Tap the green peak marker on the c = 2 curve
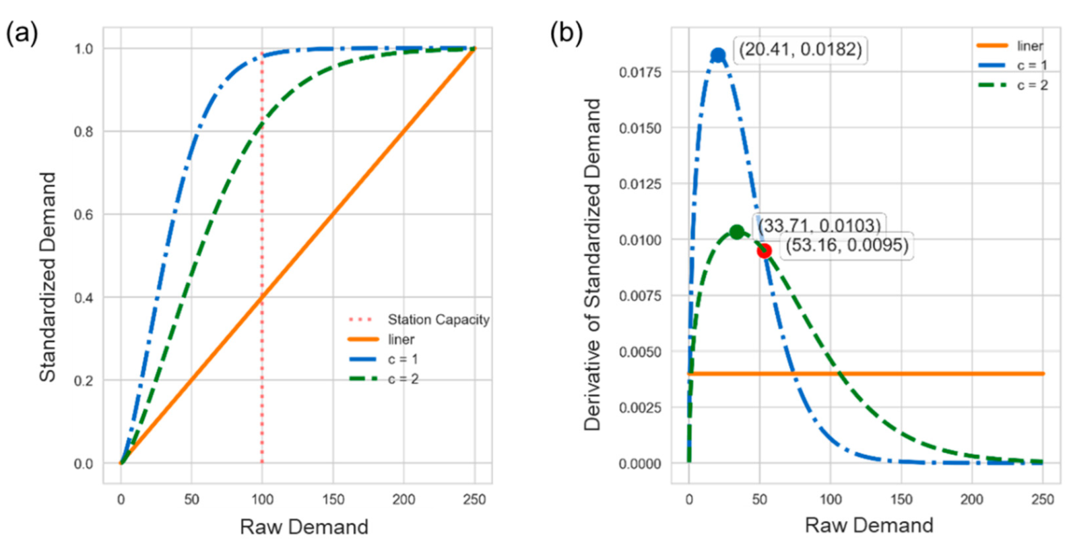coord(737,232)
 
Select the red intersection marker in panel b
coord(764,251)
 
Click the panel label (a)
coord(22,34)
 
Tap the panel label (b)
coord(566,34)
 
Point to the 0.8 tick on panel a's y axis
coord(84,132)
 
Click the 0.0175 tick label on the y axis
coord(640,72)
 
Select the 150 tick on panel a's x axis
coord(333,499)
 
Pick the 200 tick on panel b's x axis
coord(971,499)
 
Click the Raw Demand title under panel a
coord(304,527)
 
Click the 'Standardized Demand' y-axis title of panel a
coord(47,277)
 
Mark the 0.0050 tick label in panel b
coord(640,352)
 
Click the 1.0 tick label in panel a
coord(84,49)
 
